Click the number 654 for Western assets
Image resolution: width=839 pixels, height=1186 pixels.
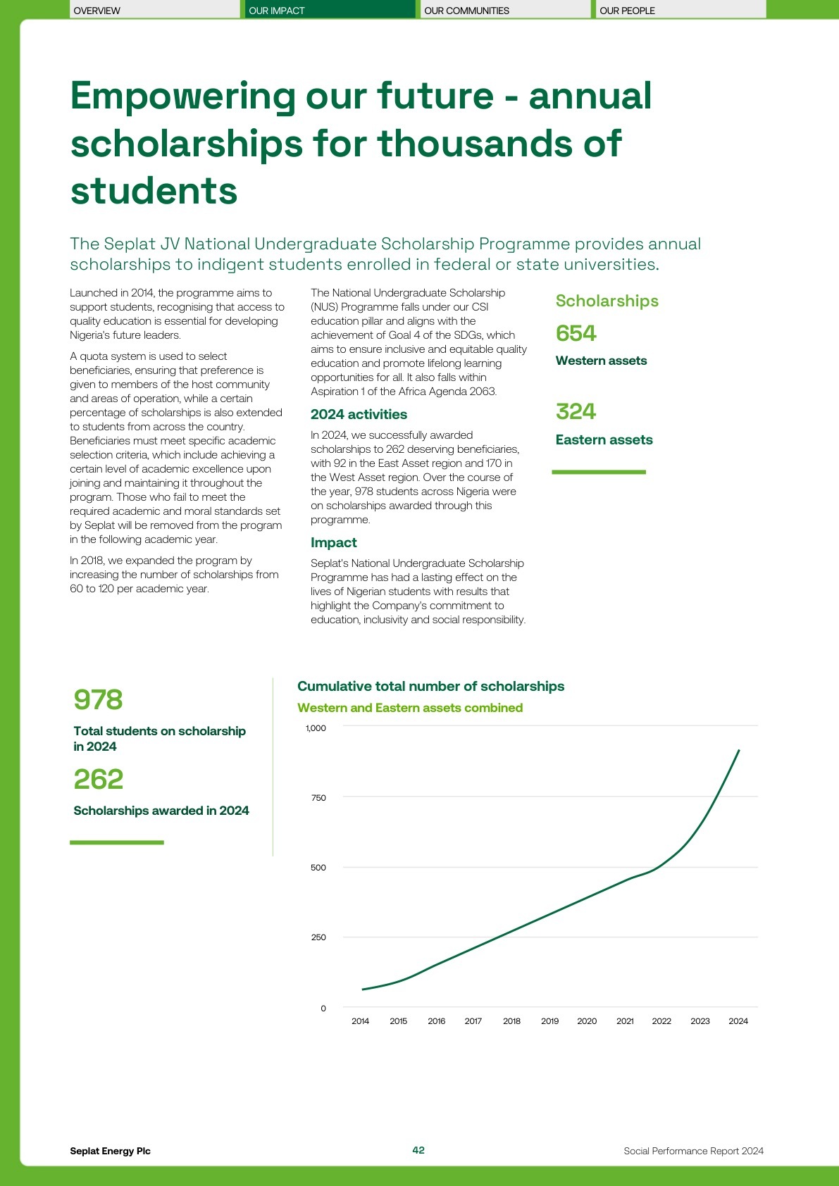(x=576, y=333)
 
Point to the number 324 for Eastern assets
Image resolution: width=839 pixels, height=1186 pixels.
(x=576, y=411)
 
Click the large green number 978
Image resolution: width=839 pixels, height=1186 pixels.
(x=98, y=700)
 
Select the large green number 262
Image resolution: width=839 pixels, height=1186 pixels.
(x=98, y=780)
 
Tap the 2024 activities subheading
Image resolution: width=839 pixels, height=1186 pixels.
(x=359, y=414)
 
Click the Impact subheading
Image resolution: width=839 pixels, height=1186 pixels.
(x=333, y=542)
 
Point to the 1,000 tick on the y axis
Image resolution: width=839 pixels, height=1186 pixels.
(x=316, y=728)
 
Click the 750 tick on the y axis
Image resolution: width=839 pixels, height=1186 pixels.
(x=318, y=798)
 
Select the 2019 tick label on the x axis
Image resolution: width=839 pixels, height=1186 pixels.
(x=549, y=1021)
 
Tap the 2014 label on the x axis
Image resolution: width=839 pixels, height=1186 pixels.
(x=360, y=1021)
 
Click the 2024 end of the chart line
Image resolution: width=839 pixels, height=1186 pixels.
(x=738, y=751)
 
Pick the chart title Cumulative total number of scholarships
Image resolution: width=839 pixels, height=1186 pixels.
(x=430, y=686)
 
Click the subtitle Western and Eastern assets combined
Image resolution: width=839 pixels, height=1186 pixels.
(x=410, y=708)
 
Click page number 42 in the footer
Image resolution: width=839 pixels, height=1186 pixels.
(x=418, y=1150)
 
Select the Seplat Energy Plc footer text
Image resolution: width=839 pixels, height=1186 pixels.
(x=110, y=1151)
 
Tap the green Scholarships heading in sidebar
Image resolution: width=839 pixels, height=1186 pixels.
(x=607, y=301)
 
